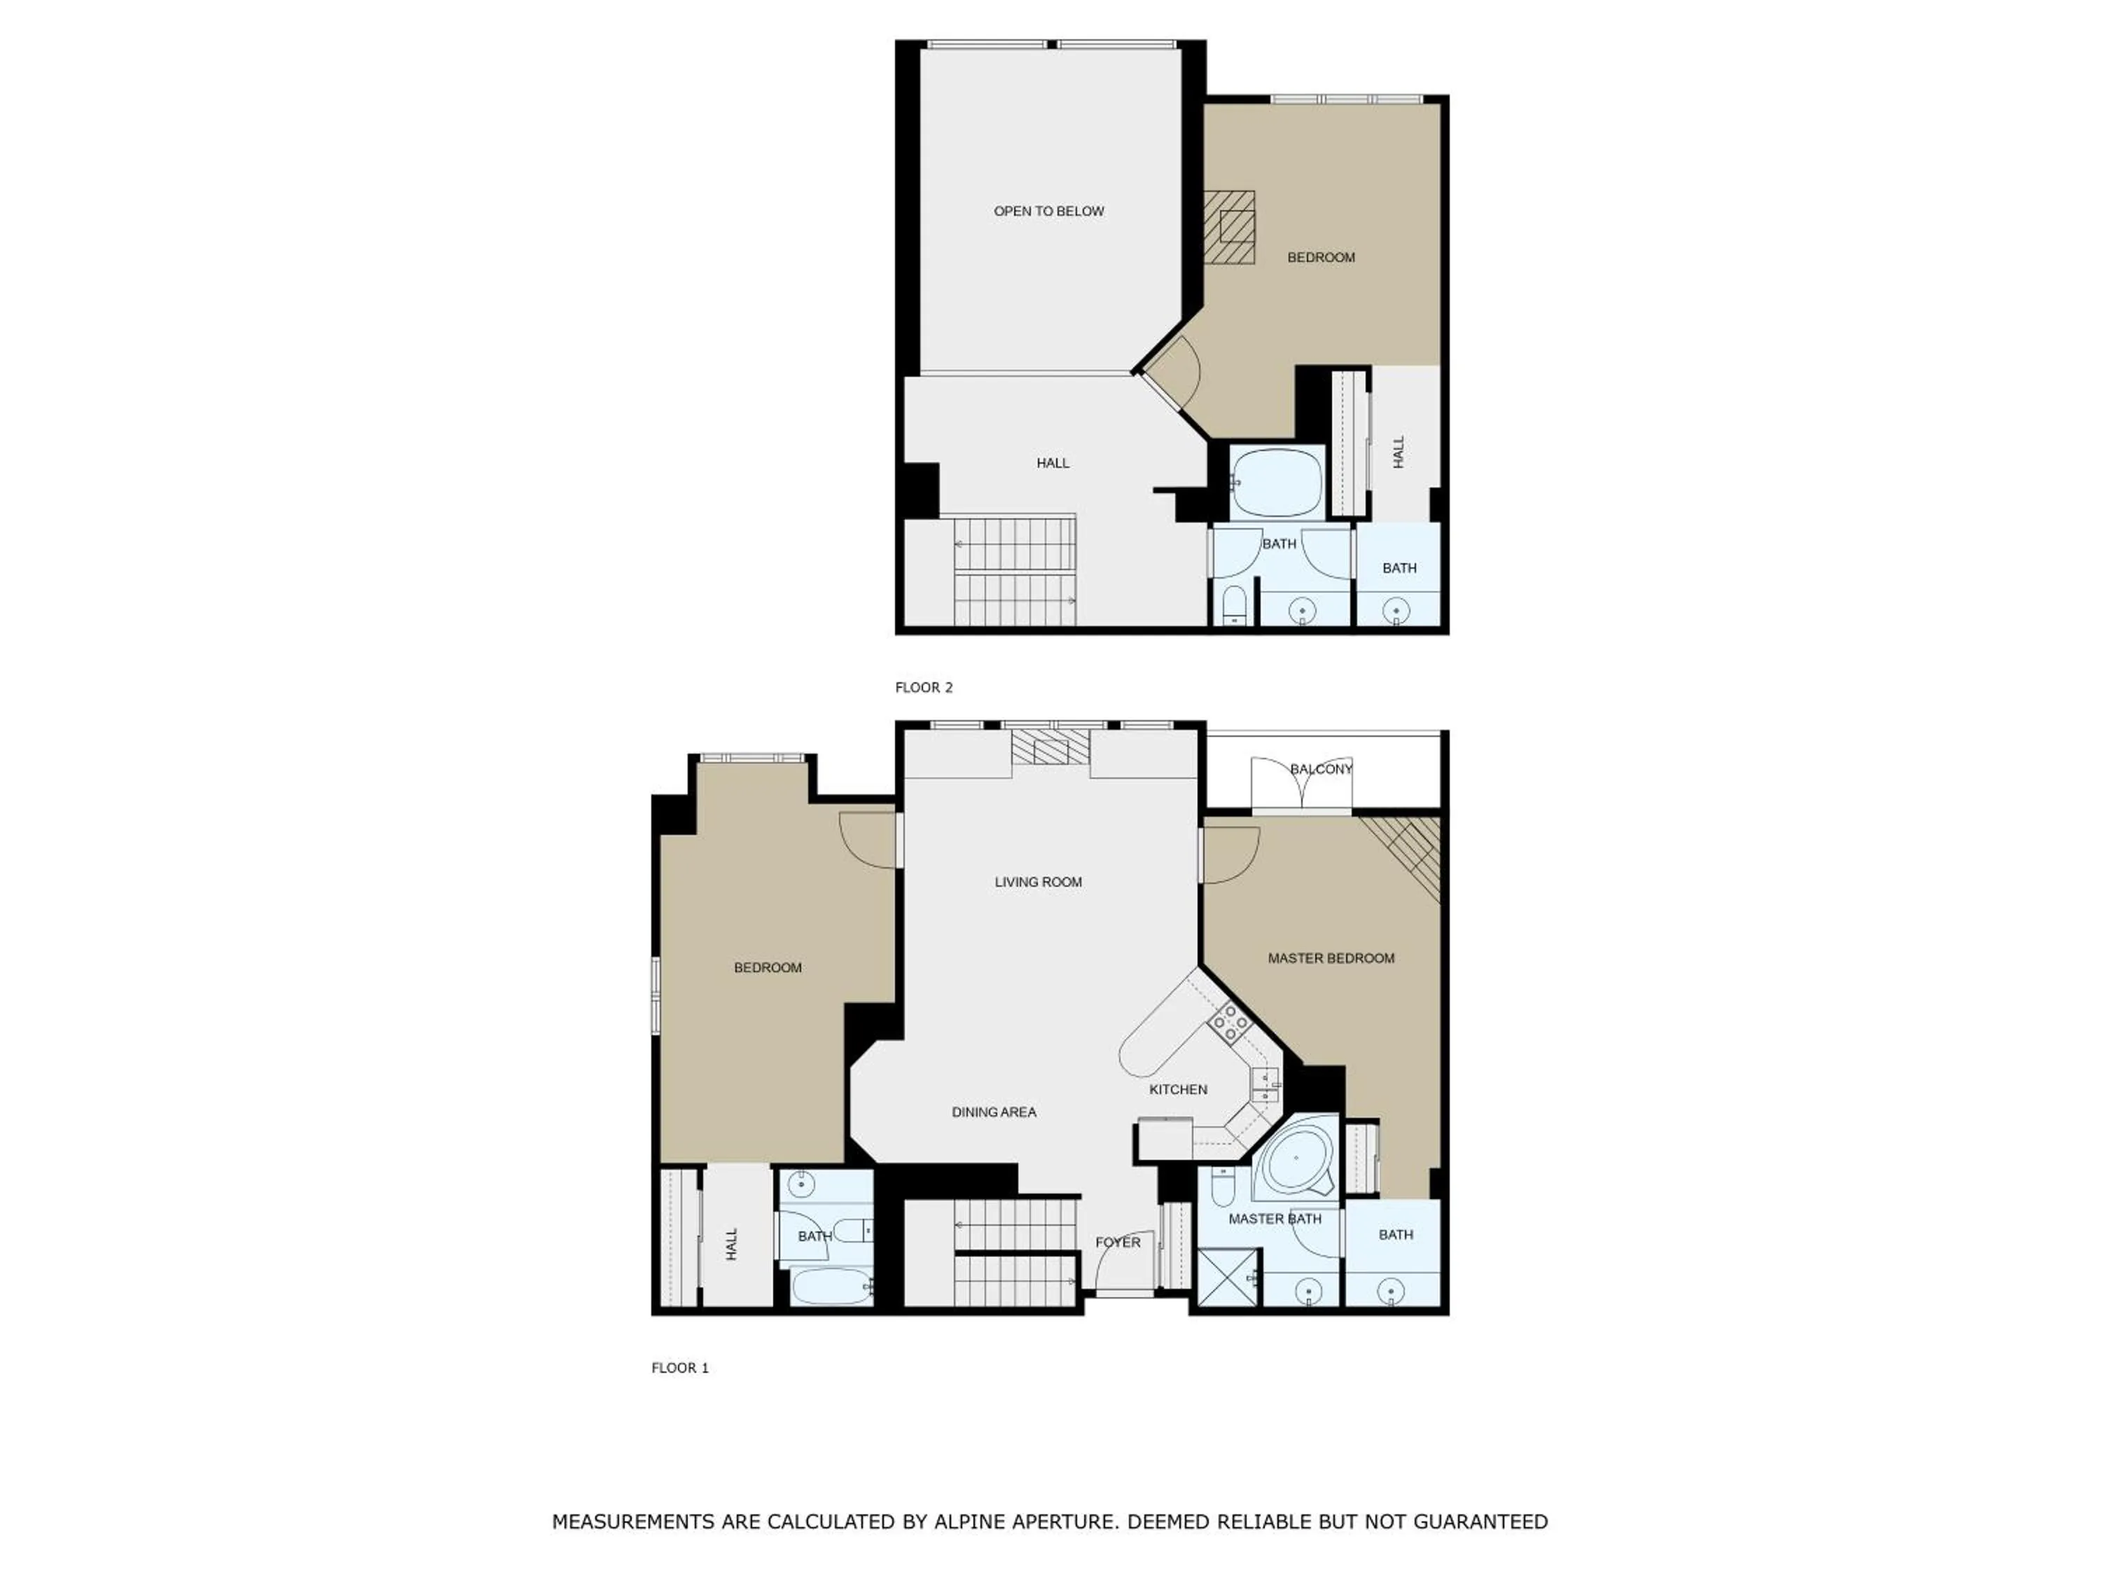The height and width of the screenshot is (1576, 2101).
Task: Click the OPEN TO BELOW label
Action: (x=1048, y=211)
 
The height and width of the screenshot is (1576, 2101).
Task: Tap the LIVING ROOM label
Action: (x=1038, y=882)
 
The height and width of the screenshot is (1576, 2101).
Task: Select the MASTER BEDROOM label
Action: (x=1331, y=958)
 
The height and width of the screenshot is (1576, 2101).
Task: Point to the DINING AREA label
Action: (x=994, y=1112)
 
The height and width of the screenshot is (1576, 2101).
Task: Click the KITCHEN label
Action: (x=1178, y=1088)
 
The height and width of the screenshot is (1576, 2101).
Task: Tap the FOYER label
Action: (x=1117, y=1242)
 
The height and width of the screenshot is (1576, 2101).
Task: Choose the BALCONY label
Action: (x=1320, y=768)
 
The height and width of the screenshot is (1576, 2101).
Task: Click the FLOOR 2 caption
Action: (x=923, y=687)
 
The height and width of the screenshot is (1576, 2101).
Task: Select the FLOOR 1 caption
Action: (x=679, y=1367)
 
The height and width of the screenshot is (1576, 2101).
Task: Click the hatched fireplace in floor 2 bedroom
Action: (x=1232, y=227)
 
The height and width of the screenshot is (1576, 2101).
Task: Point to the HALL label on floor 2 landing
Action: (x=1053, y=462)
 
